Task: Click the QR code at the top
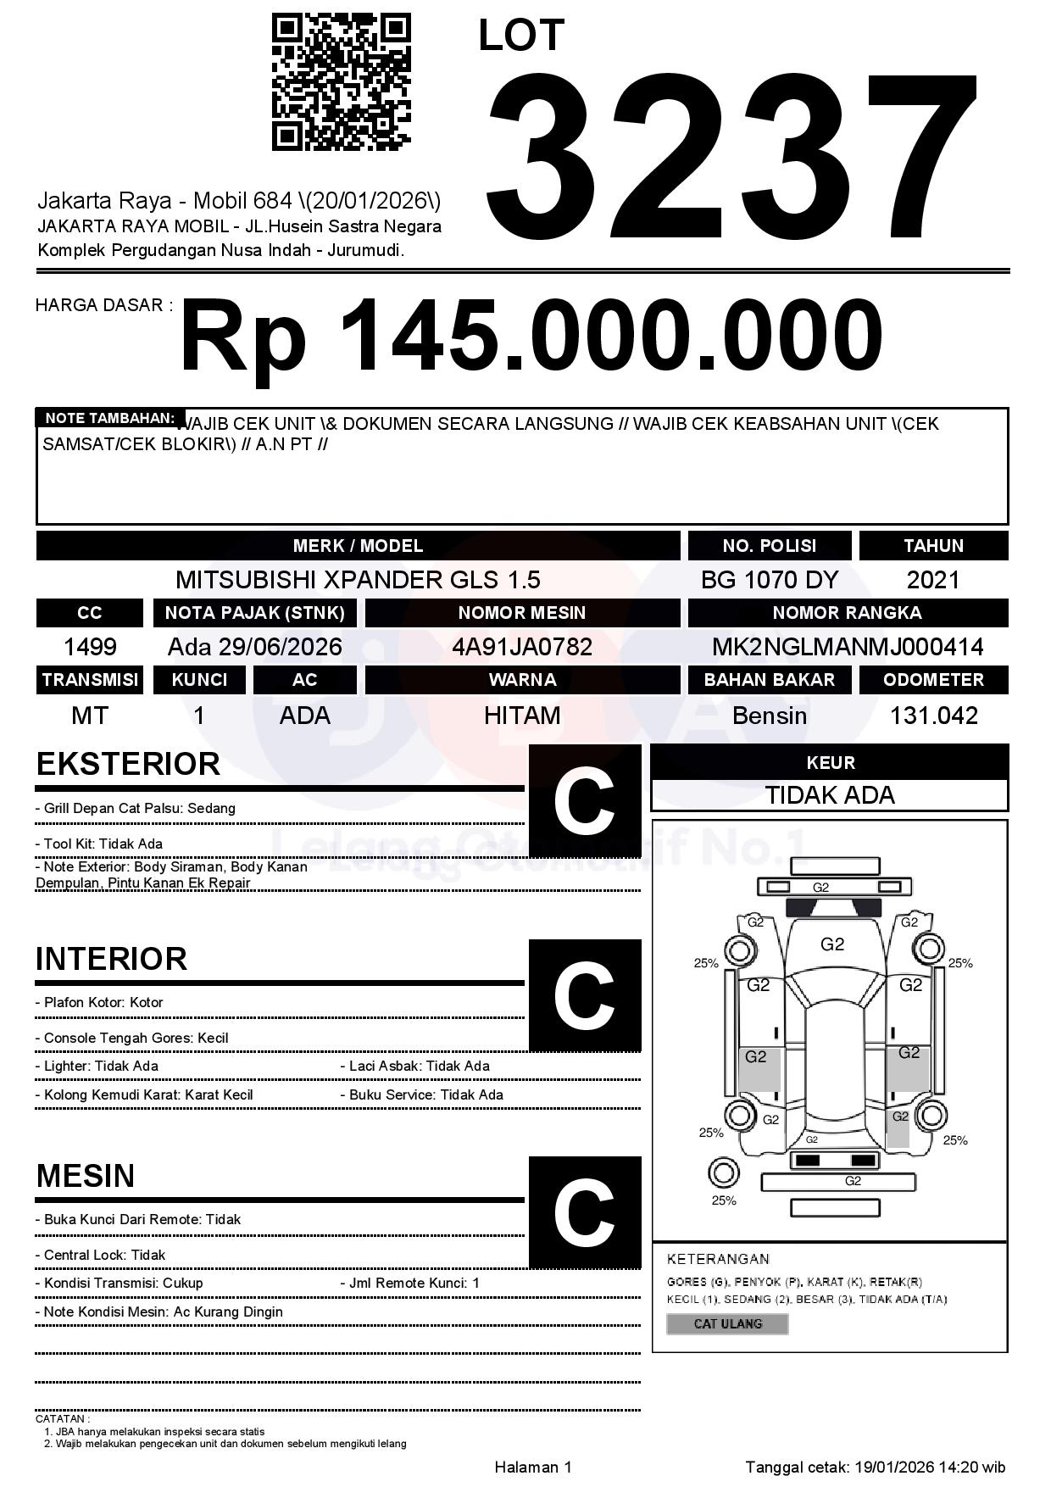click(341, 81)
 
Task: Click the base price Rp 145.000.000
click(531, 336)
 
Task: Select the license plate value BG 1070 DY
click(769, 580)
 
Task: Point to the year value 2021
click(933, 580)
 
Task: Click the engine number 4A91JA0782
click(522, 647)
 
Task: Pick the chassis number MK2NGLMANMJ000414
click(848, 647)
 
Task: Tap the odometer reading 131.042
click(933, 716)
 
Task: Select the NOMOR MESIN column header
click(522, 613)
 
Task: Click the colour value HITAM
click(522, 716)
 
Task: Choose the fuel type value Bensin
click(769, 716)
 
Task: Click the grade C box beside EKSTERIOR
click(584, 801)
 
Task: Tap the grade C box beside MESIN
click(584, 1211)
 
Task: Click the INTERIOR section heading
click(111, 959)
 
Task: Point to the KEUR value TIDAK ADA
click(830, 795)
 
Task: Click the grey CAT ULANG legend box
click(727, 1323)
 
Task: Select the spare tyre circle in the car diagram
click(723, 1174)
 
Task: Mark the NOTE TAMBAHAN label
click(109, 418)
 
